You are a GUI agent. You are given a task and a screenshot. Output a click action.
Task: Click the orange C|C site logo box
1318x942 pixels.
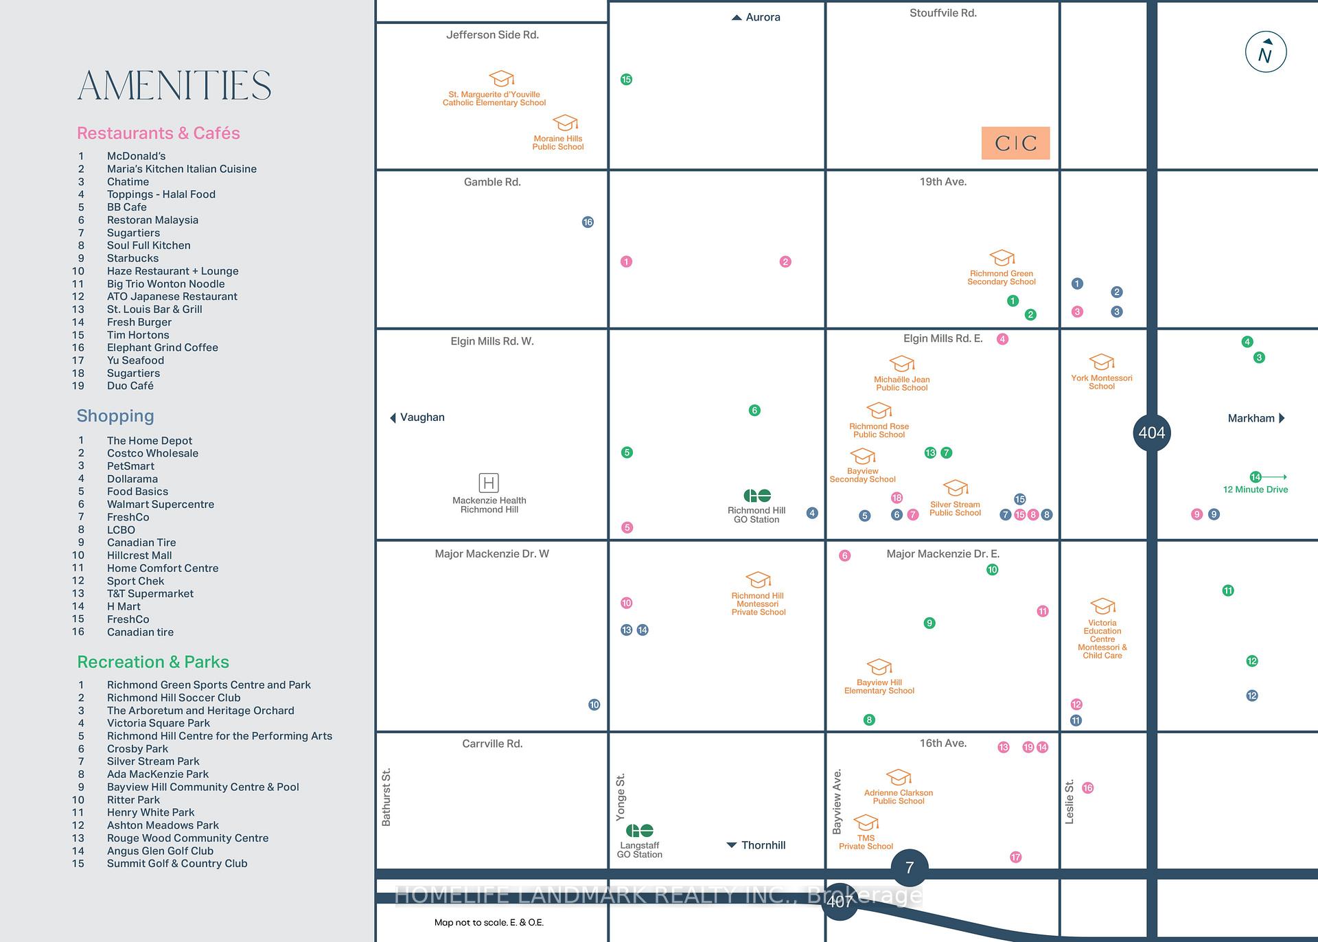tap(1015, 143)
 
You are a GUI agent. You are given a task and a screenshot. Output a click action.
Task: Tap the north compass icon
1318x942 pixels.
tap(1266, 52)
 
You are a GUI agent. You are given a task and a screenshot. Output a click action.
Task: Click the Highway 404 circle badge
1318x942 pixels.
tap(1151, 433)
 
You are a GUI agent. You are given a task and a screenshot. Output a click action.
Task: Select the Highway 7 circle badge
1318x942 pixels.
tap(910, 868)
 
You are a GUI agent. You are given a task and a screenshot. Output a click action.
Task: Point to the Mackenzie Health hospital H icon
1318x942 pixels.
tap(489, 482)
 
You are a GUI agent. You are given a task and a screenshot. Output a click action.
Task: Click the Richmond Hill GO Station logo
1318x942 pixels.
tap(757, 496)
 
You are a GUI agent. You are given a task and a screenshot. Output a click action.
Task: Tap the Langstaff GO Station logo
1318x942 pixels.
tap(640, 831)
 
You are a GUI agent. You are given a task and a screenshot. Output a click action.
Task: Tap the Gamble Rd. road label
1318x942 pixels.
tap(492, 182)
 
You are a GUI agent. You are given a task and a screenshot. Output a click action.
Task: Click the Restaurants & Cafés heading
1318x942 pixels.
tap(159, 133)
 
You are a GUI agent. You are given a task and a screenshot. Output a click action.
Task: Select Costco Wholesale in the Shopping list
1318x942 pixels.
tap(152, 453)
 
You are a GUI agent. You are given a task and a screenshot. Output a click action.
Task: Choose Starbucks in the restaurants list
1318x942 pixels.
tap(132, 258)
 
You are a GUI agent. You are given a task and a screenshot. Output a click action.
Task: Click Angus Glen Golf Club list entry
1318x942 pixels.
tap(160, 851)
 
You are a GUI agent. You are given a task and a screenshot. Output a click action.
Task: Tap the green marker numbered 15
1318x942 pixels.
tap(626, 80)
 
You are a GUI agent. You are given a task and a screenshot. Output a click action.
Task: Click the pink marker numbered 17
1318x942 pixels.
tap(1016, 857)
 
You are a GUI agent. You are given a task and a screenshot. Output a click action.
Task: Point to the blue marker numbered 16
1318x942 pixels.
tap(588, 222)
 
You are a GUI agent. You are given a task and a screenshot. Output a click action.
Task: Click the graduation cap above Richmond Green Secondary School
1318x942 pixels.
tap(1002, 258)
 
